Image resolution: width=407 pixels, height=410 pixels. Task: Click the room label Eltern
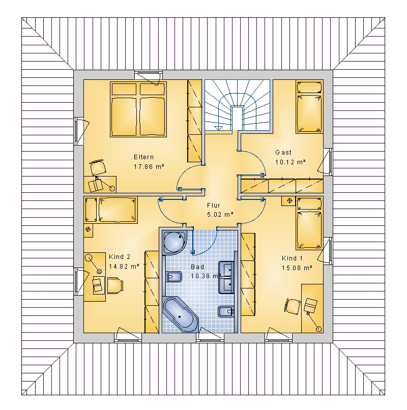click(143, 157)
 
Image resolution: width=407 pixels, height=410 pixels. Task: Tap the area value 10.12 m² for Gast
click(290, 162)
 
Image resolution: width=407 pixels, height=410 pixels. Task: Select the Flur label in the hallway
click(214, 206)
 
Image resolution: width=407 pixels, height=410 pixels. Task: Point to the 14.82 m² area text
click(124, 266)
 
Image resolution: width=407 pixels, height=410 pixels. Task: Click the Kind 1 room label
click(292, 258)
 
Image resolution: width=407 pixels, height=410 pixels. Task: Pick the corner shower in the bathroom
click(174, 243)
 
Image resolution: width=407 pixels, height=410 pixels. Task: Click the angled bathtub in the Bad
click(181, 314)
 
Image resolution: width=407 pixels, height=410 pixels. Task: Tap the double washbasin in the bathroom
click(226, 277)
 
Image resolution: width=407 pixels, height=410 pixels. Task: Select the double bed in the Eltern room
click(138, 109)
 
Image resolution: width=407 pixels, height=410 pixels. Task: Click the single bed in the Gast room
click(309, 107)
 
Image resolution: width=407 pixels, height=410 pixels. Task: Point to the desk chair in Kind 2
click(115, 285)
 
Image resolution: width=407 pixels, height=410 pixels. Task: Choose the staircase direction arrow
click(218, 128)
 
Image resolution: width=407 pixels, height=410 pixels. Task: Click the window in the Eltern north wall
click(149, 75)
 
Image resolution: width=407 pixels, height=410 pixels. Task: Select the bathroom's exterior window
click(210, 338)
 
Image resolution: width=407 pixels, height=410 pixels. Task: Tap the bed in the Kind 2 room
click(111, 210)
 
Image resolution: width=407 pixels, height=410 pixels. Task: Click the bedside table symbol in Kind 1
click(289, 201)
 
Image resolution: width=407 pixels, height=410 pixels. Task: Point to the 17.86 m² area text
click(149, 166)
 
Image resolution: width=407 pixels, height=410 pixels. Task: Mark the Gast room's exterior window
click(328, 162)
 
